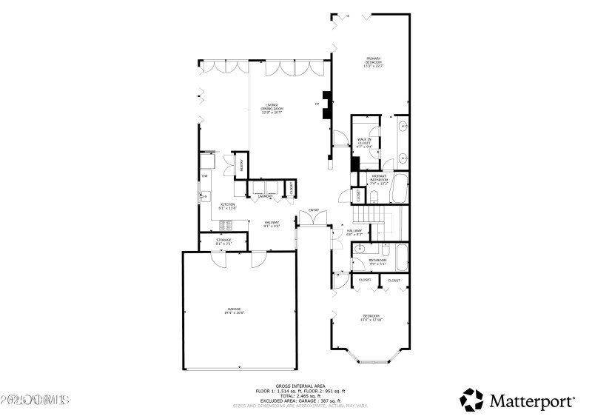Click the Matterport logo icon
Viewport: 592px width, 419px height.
471,400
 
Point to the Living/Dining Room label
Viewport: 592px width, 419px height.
272,107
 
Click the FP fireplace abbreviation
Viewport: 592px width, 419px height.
317,104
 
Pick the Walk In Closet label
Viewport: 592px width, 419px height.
364,142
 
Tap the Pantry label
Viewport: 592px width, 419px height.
241,165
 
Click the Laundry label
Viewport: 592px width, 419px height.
266,196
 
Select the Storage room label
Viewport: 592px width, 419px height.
223,241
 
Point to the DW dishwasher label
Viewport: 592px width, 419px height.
204,175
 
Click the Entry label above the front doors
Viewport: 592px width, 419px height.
313,211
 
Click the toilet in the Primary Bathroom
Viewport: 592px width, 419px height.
375,196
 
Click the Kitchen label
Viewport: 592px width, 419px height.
227,206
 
